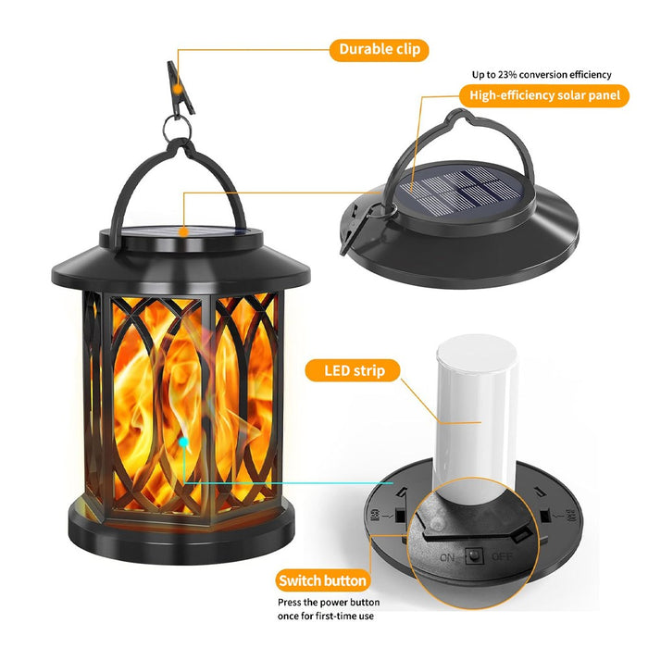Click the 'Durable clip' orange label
[x=378, y=49]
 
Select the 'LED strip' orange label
[x=352, y=371]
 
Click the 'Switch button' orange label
[x=322, y=581]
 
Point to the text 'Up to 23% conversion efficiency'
[x=542, y=74]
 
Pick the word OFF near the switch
[x=502, y=558]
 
